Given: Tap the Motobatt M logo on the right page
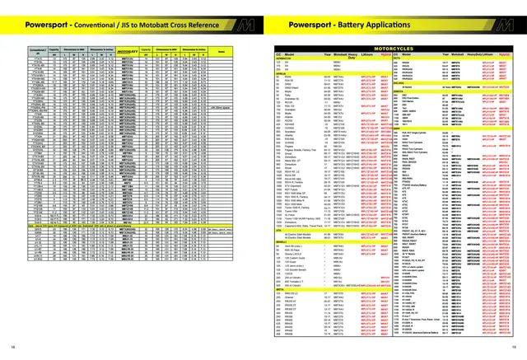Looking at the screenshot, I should coord(512,26).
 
